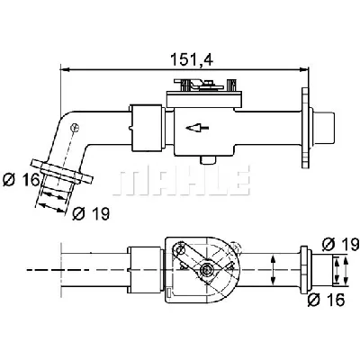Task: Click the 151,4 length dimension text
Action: point(192,59)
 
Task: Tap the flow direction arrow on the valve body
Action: point(197,128)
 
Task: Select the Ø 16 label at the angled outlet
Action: point(21,180)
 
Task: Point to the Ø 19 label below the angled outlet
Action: point(91,213)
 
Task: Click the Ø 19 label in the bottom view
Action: point(340,244)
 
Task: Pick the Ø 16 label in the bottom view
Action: point(327,299)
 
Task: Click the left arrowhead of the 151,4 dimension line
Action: point(65,69)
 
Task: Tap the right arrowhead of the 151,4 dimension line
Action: point(304,69)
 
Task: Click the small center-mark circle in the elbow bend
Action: point(75,128)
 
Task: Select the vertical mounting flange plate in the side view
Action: point(305,128)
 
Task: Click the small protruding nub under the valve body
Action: point(208,160)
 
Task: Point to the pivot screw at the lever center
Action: point(206,270)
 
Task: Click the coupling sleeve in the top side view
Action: point(147,128)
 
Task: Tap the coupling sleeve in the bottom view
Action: point(145,270)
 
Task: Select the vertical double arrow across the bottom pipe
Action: point(273,270)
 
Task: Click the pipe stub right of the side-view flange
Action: point(323,128)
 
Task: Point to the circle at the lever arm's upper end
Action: point(181,249)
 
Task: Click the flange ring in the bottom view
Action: point(304,270)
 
